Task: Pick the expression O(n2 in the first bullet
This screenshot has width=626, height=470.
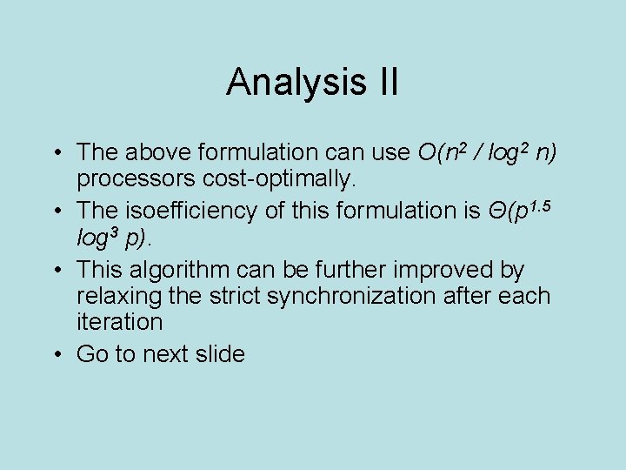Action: [x=446, y=152]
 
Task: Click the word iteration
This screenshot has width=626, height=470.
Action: [x=119, y=322]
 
